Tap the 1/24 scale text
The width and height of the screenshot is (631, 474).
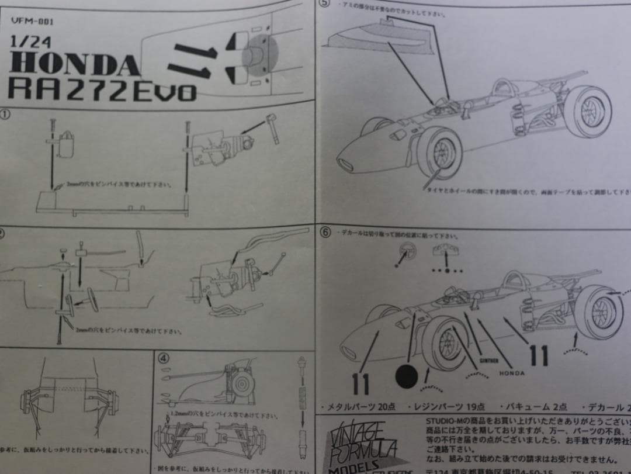pyautogui.click(x=26, y=42)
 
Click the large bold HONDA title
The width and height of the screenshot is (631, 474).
pyautogui.click(x=75, y=65)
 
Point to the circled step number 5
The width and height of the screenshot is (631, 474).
pyautogui.click(x=325, y=4)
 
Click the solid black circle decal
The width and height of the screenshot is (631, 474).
pyautogui.click(x=407, y=376)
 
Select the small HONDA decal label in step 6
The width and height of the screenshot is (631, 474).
pyautogui.click(x=511, y=372)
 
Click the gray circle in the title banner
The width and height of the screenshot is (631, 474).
pyautogui.click(x=256, y=56)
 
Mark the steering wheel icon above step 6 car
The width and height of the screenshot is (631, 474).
pyautogui.click(x=401, y=252)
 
